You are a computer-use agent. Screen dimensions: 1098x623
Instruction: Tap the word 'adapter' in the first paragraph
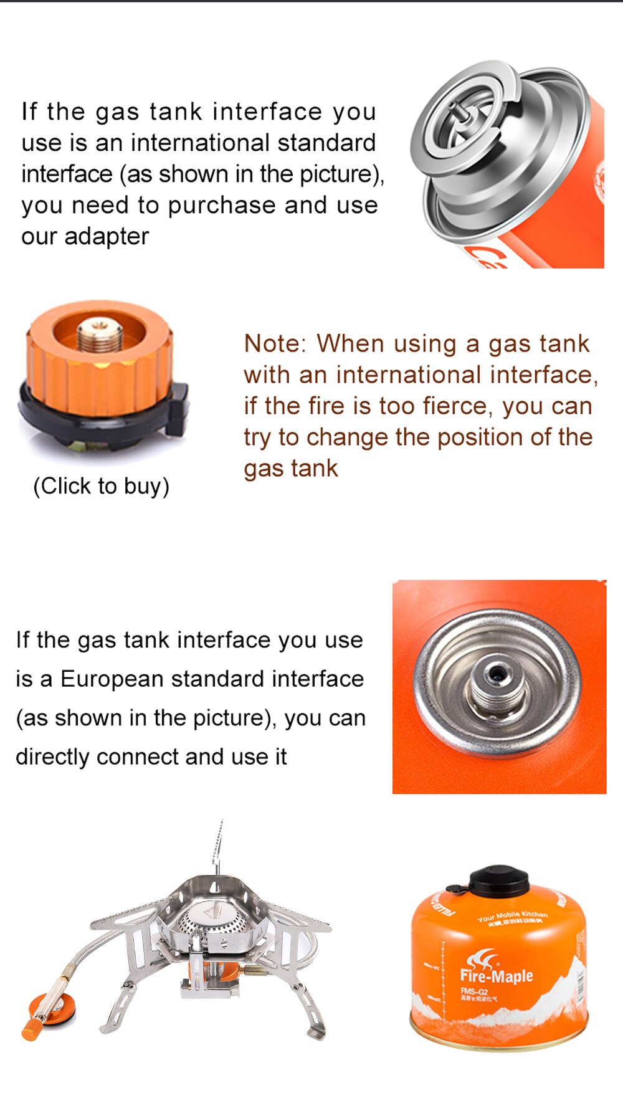[x=107, y=236]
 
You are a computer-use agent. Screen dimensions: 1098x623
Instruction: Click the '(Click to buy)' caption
[x=101, y=486]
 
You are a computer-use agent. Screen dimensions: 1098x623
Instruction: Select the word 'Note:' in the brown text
[x=275, y=343]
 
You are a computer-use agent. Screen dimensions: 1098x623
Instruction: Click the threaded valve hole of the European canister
[x=497, y=674]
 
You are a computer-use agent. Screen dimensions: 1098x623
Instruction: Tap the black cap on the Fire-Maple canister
[x=498, y=880]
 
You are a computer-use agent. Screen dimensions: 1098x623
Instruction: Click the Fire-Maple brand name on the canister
[x=497, y=976]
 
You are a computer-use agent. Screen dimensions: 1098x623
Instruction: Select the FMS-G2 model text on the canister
[x=475, y=991]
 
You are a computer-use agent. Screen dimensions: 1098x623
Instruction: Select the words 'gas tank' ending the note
[x=290, y=468]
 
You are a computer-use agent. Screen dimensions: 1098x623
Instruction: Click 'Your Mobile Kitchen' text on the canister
[x=513, y=915]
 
